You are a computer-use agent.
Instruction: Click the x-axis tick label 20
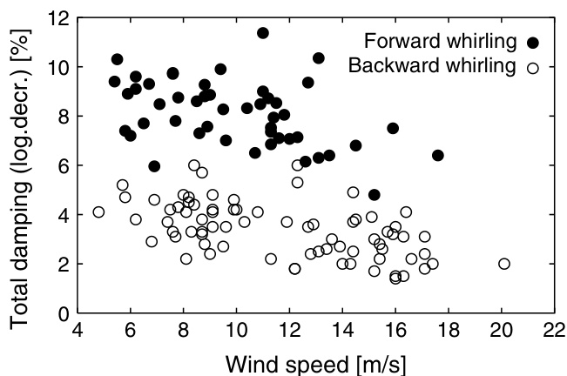point(501,332)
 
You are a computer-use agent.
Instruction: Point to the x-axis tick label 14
point(342,332)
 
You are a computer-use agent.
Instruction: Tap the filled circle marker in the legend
point(533,42)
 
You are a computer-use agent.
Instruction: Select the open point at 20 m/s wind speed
point(503,264)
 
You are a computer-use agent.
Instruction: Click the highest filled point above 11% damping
point(263,33)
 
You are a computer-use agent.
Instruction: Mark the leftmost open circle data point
point(98,211)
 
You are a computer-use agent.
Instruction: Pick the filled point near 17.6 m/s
point(437,155)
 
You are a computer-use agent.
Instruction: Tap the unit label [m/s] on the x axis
point(378,360)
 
